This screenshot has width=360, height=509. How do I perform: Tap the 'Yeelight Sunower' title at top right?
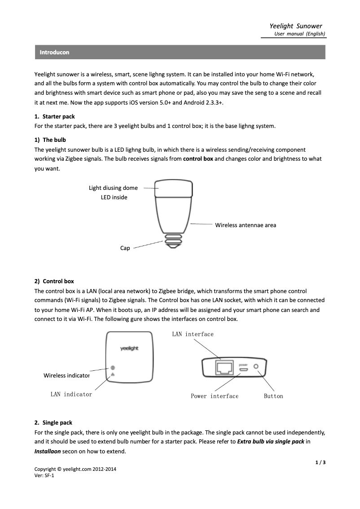click(296, 26)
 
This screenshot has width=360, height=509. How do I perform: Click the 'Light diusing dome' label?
click(113, 188)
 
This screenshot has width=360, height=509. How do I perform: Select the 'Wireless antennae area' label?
click(246, 225)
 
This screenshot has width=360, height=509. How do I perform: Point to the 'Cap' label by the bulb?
click(125, 248)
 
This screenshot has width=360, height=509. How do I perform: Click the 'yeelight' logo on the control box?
click(129, 349)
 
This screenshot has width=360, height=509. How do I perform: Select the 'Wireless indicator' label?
click(66, 375)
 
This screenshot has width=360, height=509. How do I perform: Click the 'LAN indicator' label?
click(71, 394)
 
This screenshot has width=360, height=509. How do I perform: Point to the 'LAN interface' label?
click(193, 334)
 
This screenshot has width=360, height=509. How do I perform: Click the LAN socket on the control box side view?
click(224, 367)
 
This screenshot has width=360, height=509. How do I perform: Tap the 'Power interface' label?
click(215, 396)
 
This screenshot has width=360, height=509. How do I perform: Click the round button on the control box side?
click(257, 367)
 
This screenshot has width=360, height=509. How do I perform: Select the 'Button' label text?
click(273, 396)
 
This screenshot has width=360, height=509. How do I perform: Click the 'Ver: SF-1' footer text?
click(44, 476)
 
